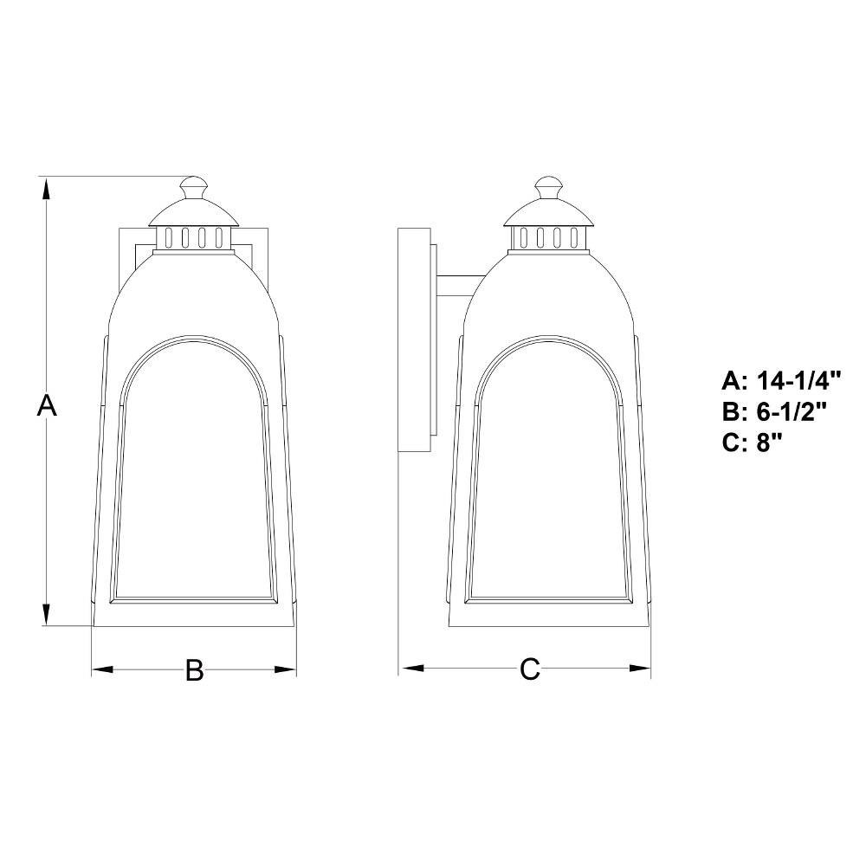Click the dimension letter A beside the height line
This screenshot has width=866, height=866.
47,404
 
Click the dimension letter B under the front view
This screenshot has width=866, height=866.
194,670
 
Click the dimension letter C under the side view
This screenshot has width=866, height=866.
529,669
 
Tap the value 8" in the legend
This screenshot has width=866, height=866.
769,443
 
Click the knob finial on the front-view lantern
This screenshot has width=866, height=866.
194,188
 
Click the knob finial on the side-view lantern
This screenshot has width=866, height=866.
548,188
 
